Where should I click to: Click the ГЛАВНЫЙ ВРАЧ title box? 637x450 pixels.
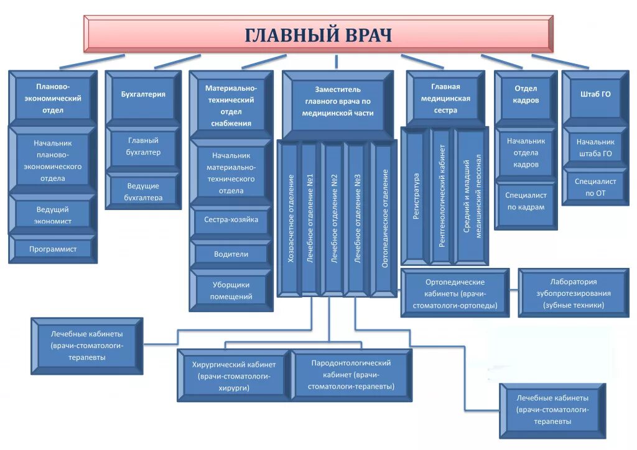[x=318, y=35]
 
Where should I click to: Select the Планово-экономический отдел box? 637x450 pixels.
[x=53, y=98]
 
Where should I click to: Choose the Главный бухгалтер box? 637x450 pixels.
[x=143, y=147]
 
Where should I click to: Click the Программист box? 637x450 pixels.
[x=53, y=249]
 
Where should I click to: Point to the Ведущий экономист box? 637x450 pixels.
[x=53, y=215]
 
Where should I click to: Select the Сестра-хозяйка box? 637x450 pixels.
[x=231, y=219]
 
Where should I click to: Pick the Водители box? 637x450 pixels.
[x=231, y=254]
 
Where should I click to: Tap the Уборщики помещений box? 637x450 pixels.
[x=231, y=290]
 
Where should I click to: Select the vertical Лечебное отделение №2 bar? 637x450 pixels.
[x=334, y=218]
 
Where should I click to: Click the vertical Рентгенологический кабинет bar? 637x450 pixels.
[x=442, y=196]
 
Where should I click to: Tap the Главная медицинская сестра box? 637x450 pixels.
[x=445, y=98]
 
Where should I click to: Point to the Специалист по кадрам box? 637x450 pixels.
[x=526, y=201]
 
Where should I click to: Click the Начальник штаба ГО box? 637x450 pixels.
[x=594, y=147]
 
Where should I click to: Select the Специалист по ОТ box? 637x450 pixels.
[x=594, y=187]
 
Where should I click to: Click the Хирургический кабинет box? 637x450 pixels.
[x=233, y=375]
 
